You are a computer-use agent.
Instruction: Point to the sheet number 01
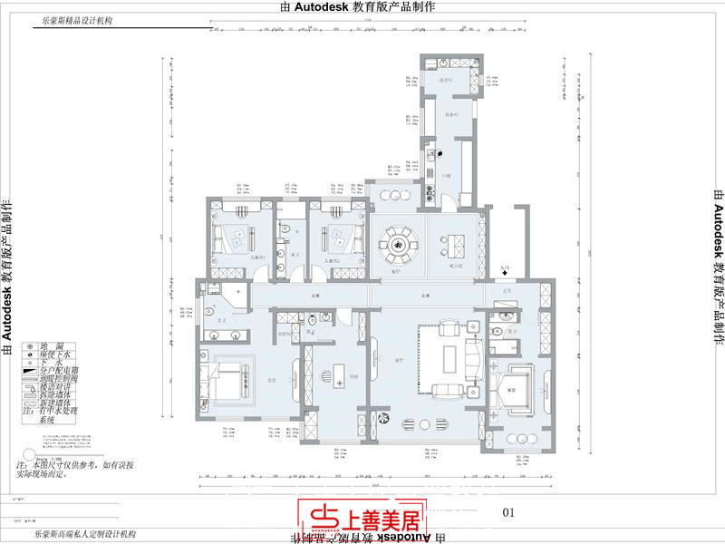[507, 512]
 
